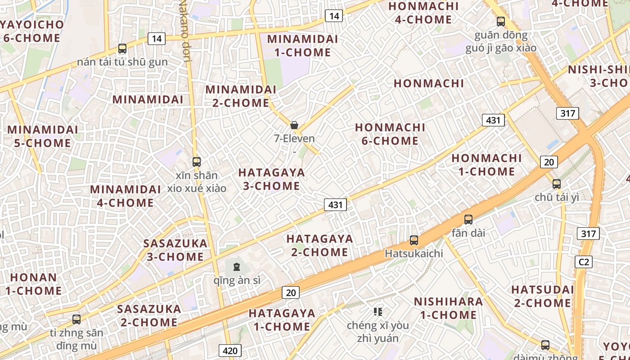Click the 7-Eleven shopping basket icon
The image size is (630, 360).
pos(294,125)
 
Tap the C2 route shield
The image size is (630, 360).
pos(584,262)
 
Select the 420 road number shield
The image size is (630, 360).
pos(230,351)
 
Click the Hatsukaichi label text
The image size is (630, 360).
pos(414,253)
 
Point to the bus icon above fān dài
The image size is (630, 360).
pos(468,220)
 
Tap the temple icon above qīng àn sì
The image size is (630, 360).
pos(237,267)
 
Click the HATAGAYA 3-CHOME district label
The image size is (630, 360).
pos(271,179)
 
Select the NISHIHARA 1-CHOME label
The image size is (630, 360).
pos(448,308)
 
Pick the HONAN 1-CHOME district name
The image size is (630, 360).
pos(33,284)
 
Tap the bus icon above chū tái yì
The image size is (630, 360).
pos(557,184)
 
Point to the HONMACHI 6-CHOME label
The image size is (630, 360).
pos(390,134)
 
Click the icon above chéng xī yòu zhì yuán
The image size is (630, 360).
pos(378,311)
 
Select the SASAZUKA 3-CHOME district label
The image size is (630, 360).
pos(175,250)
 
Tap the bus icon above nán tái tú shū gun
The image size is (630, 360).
pos(122,49)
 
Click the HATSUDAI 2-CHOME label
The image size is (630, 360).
pos(542,296)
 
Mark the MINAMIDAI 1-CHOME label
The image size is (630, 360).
pos(302,45)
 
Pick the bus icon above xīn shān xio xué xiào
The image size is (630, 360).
pos(197,162)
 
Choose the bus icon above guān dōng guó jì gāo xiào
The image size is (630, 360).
pos(501,21)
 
